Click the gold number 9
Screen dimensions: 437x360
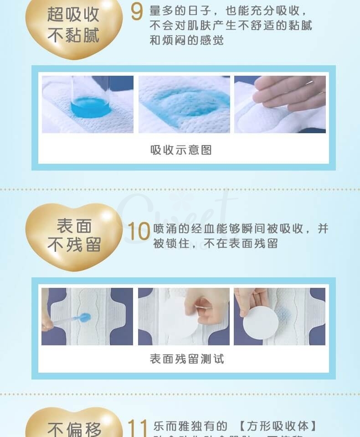point(137,12)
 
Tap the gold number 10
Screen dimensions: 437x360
point(138,231)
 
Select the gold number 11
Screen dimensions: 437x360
point(137,428)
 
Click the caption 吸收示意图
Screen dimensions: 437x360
point(181,150)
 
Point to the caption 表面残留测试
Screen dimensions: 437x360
point(187,359)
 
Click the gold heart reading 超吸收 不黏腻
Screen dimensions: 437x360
point(73,26)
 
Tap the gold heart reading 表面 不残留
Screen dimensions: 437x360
point(73,235)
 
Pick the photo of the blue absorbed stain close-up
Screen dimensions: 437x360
point(184,104)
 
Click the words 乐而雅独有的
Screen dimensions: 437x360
point(190,427)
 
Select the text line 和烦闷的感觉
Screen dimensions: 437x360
point(187,41)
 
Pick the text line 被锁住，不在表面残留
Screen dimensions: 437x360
point(215,244)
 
